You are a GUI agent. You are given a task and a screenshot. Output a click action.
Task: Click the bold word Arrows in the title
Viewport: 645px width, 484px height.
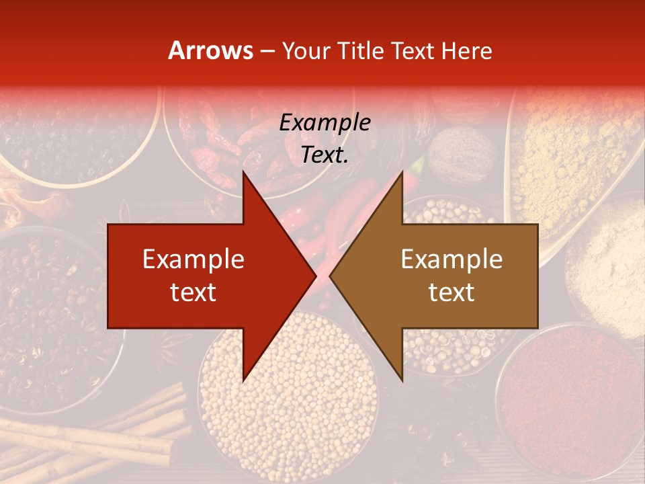211,50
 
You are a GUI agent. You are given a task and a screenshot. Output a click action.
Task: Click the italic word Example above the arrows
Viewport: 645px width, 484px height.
325,123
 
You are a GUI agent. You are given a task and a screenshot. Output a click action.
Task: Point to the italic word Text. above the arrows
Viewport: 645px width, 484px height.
325,155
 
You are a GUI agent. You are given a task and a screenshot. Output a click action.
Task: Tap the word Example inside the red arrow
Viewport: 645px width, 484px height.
193,259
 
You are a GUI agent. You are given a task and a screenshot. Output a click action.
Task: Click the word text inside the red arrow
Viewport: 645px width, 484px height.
193,292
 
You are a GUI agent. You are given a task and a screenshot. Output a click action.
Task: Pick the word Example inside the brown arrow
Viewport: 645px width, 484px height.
451,259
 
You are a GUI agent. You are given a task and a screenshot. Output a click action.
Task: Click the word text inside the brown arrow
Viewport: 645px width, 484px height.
451,292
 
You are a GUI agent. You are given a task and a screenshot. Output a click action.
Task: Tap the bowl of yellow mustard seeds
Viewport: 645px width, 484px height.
289,403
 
